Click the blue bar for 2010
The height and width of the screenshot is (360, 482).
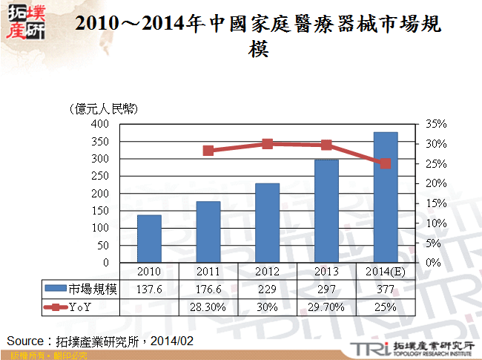coord(149,238)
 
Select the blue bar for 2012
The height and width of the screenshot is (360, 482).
coord(268,223)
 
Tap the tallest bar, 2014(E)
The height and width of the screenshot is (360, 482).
coord(386,197)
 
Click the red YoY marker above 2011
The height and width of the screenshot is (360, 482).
coord(208,151)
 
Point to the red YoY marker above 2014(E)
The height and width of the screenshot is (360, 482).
coord(386,163)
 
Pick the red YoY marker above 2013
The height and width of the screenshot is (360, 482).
coord(326,145)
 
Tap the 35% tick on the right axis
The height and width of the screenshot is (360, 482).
coord(437,124)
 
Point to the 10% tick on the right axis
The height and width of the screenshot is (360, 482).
coord(437,223)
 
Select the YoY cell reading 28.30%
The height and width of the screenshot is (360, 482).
coord(208,306)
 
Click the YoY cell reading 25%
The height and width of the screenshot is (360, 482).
coord(386,306)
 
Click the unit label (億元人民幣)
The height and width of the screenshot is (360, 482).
coord(102,109)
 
